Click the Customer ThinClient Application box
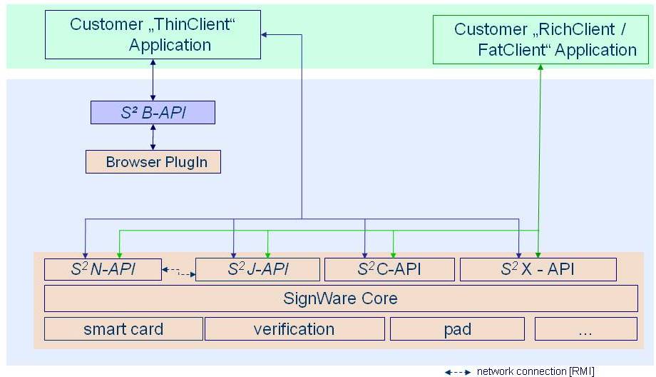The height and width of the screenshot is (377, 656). tap(152, 35)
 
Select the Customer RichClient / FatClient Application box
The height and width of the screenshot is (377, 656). tap(545, 40)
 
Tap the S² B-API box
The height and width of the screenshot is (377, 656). tap(152, 112)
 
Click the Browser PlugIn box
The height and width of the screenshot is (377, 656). tap(153, 162)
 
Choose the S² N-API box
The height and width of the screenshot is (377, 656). tap(103, 269)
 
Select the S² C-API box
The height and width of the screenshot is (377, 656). tap(389, 269)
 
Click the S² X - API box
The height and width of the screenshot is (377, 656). tap(538, 269)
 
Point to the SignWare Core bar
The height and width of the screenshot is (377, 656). tap(341, 298)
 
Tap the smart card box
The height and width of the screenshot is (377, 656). tap(123, 329)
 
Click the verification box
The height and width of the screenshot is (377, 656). tap(294, 329)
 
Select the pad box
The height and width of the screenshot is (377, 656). tap(457, 329)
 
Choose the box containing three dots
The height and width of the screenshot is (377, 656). tap(585, 329)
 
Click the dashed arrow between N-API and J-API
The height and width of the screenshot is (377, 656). tap(178, 271)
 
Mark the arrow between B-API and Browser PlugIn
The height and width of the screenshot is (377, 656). tap(152, 137)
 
